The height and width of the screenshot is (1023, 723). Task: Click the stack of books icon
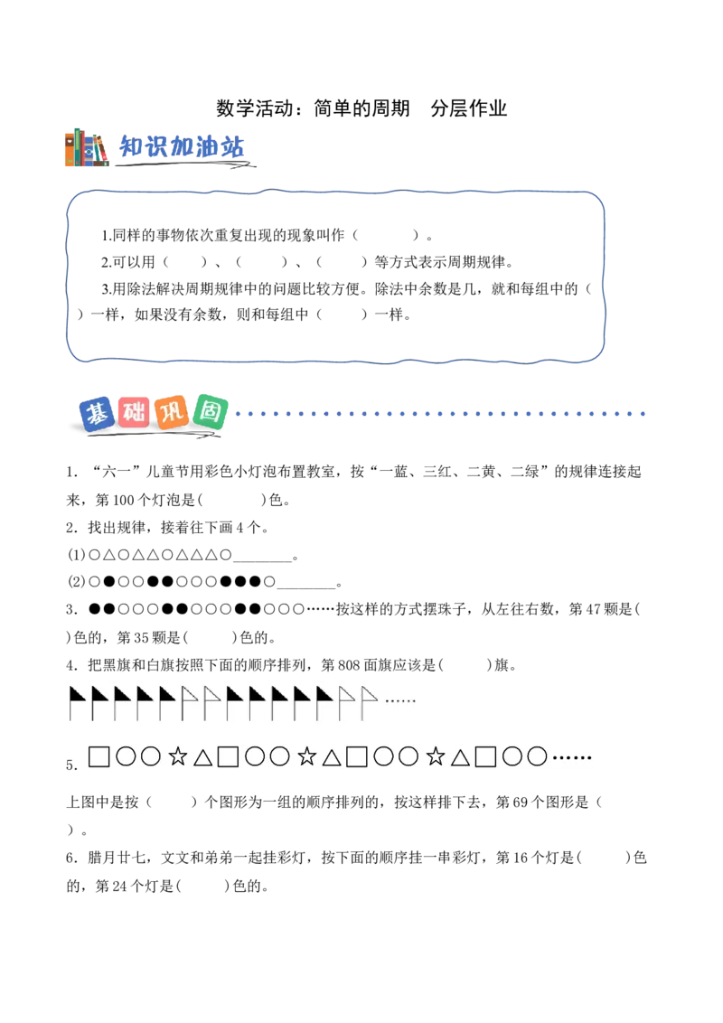(x=86, y=147)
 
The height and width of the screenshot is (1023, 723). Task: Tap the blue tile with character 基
(x=98, y=414)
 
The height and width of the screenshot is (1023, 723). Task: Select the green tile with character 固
(x=211, y=412)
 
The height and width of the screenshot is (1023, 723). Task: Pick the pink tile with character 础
(x=135, y=412)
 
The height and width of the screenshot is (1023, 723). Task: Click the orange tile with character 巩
(x=173, y=412)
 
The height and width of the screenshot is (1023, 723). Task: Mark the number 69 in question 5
(x=520, y=802)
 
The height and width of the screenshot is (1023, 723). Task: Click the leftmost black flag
(x=77, y=703)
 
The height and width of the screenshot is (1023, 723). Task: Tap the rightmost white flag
(x=370, y=703)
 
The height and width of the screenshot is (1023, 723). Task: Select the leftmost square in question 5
(x=99, y=756)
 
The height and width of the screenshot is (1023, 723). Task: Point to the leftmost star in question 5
(x=177, y=756)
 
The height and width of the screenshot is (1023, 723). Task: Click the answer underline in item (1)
(x=262, y=561)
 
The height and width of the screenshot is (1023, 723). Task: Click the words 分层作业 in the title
(x=468, y=108)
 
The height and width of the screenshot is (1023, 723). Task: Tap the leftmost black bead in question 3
(x=95, y=609)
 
